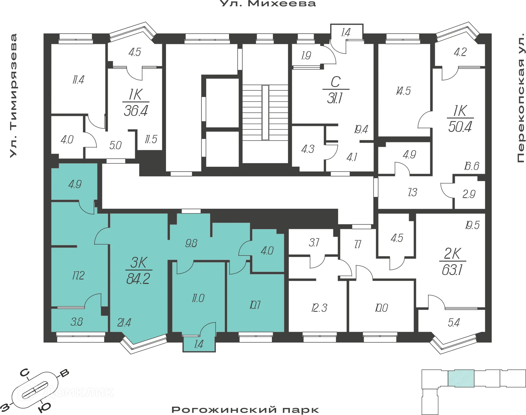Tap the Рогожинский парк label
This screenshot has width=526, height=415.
[x=245, y=410]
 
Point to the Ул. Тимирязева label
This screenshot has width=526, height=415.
[x=13, y=96]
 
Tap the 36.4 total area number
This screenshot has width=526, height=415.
[x=136, y=111]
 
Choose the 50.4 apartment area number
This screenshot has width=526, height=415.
[x=460, y=127]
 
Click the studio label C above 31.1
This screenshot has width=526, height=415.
[x=336, y=82]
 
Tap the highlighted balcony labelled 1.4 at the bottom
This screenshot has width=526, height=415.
[x=199, y=344]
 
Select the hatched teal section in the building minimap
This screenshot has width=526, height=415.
[x=461, y=378]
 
